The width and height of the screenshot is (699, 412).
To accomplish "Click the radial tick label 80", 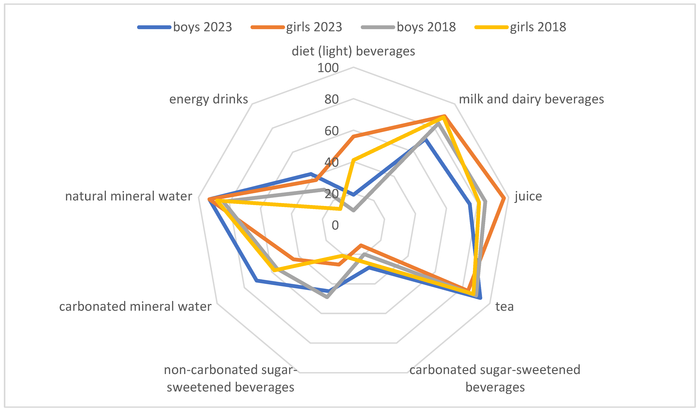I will (x=331, y=99).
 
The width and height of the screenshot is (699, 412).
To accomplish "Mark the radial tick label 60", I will (x=331, y=131).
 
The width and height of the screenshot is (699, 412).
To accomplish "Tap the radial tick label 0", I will (x=335, y=225).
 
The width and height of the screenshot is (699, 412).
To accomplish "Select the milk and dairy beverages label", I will (x=531, y=99).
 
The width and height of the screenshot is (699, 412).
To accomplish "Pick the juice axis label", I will (x=528, y=196).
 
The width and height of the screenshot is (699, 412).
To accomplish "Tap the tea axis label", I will (x=504, y=307).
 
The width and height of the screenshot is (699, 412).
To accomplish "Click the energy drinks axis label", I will (x=209, y=99).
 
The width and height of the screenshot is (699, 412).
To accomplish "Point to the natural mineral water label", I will (x=129, y=196).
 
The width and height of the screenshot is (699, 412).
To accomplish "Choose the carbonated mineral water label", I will (x=135, y=307).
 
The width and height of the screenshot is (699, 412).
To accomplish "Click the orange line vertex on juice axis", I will (x=504, y=198).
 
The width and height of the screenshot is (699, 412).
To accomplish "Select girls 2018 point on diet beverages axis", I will (x=353, y=160).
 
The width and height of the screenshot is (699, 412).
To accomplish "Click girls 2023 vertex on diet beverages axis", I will (x=353, y=136).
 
